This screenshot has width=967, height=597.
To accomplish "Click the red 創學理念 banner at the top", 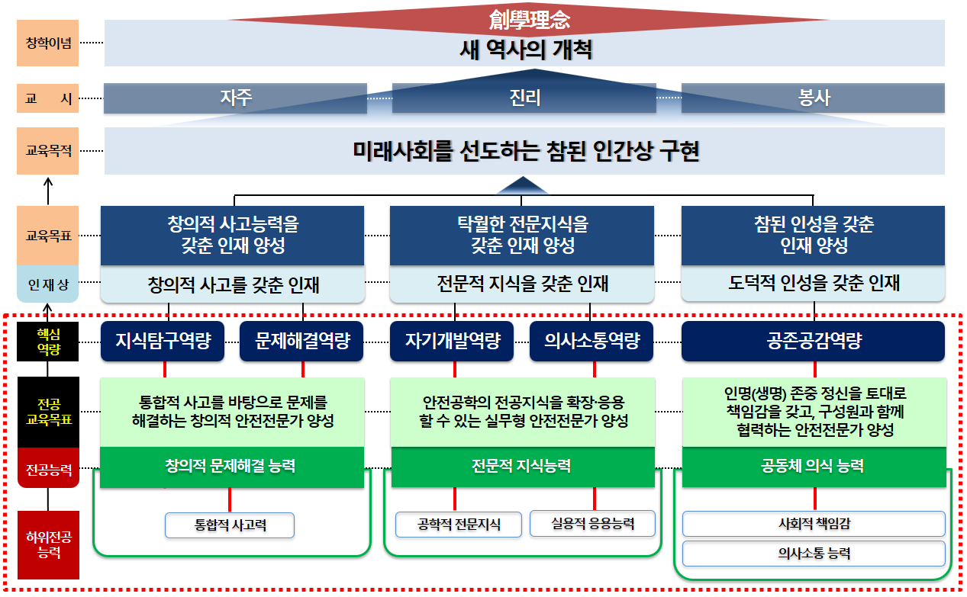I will pos(529,18).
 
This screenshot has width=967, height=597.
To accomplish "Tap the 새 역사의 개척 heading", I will pos(526,51).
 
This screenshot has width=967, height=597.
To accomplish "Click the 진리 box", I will pos(524,98).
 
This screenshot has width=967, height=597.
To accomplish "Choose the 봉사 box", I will pos(814,98).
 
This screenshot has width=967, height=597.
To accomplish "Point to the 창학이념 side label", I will pos(47,43).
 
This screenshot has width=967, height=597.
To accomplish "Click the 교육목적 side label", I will pos(47,151).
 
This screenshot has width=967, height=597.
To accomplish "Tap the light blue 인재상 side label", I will pos(47,284).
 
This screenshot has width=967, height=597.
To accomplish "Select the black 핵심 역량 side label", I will pos(47,341).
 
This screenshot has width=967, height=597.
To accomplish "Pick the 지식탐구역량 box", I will pos(163,341).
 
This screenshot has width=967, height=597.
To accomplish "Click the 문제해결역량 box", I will pos(303,341).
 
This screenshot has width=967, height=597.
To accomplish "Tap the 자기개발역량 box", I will pos(453,341).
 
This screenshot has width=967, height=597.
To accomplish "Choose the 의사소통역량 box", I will pos(592,341).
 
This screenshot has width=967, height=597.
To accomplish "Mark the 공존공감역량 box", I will pos(814,341).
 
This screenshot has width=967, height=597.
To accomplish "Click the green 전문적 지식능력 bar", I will pos(523,466).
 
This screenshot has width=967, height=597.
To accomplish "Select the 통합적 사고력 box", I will pos(230,525).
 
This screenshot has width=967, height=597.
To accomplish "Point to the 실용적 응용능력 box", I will pos(592,524).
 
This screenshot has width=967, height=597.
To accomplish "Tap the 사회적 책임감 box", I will pos(814,524).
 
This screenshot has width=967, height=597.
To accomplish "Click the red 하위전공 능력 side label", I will pos(47,544).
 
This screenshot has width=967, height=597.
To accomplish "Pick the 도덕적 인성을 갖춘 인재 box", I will pos(814,284).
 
